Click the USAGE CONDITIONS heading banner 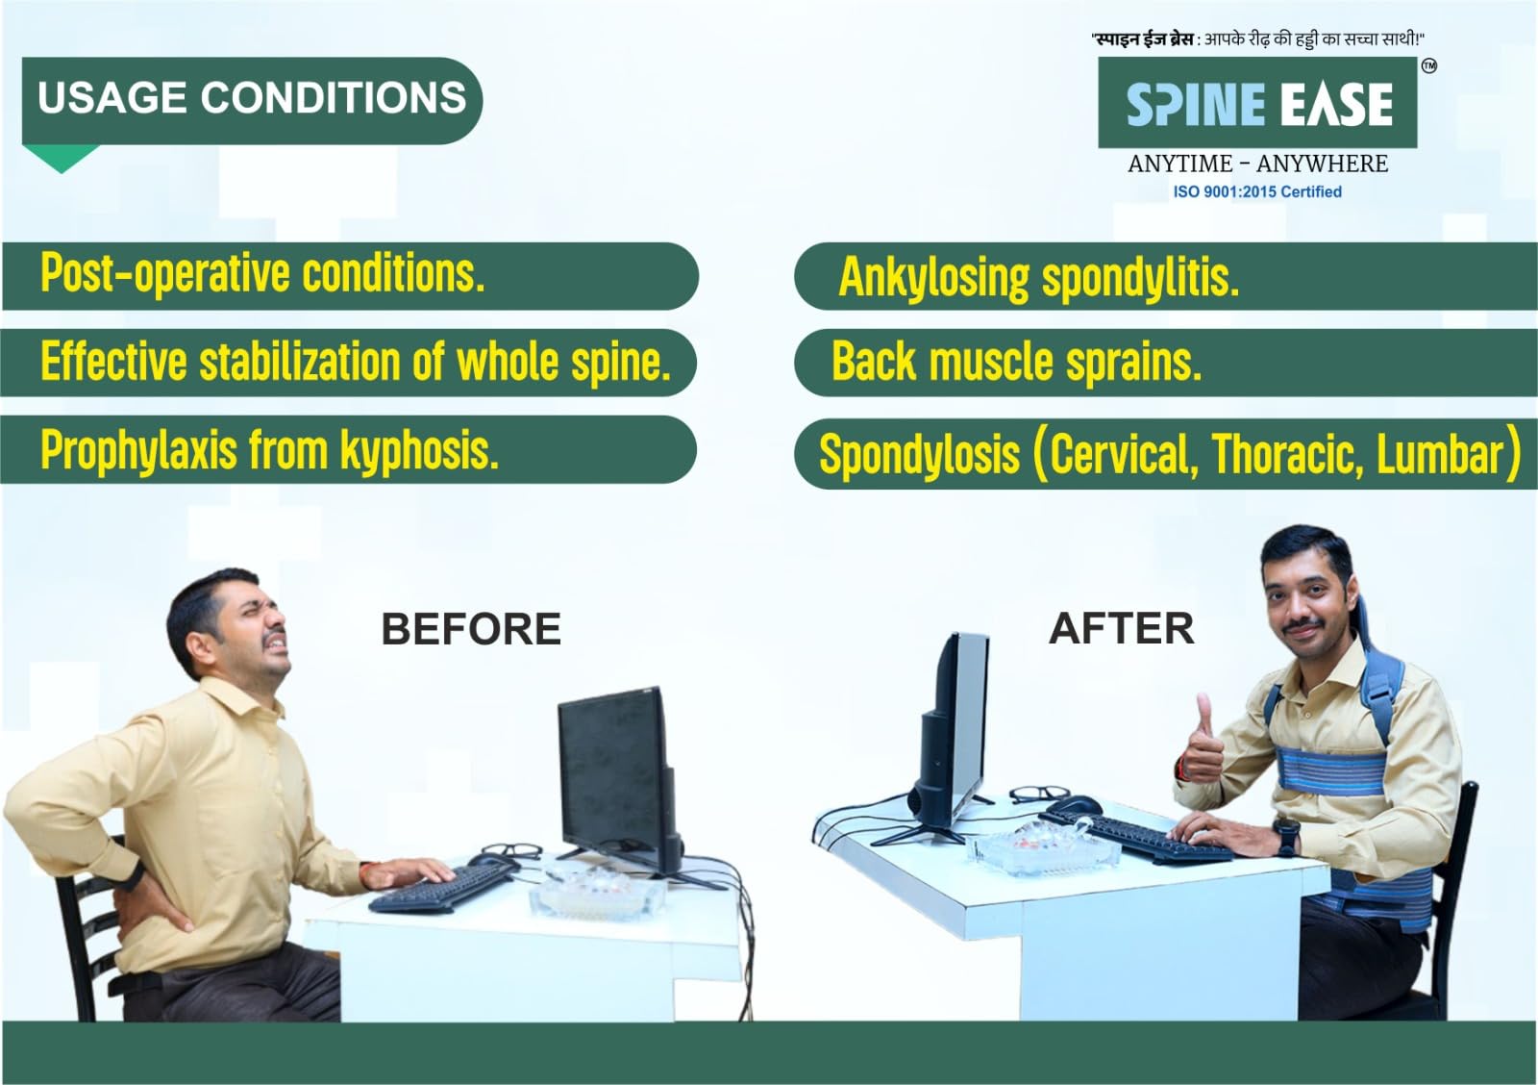pyautogui.click(x=252, y=100)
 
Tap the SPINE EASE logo pyautogui.click(x=1258, y=102)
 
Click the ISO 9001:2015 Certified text pyautogui.click(x=1257, y=191)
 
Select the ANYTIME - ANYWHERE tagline pyautogui.click(x=1258, y=164)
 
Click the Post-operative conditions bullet pyautogui.click(x=263, y=273)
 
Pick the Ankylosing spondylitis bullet pyautogui.click(x=1039, y=278)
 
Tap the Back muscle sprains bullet pyautogui.click(x=1017, y=362)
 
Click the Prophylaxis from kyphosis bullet pyautogui.click(x=270, y=450)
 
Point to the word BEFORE pyautogui.click(x=471, y=629)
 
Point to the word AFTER pyautogui.click(x=1122, y=628)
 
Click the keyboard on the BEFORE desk pyautogui.click(x=441, y=888)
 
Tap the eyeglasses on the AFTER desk pyautogui.click(x=1040, y=795)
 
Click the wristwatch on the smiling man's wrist pyautogui.click(x=1286, y=836)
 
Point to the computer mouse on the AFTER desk pyautogui.click(x=1076, y=804)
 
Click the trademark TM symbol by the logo pyautogui.click(x=1428, y=66)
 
